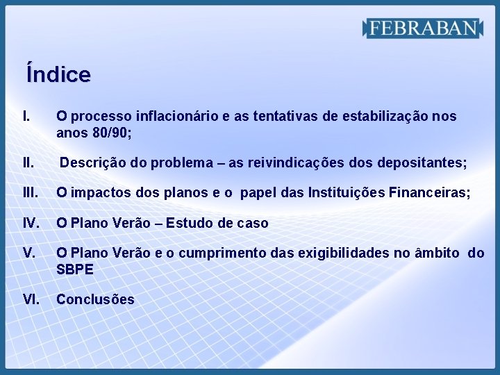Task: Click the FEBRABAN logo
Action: pos(422,28)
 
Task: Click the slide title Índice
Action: pos(58,74)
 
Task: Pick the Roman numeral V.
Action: pos(29,253)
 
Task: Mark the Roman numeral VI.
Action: pos(31,299)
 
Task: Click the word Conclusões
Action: pos(95,299)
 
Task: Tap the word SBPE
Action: pos(75,269)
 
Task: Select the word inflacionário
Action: pos(179,116)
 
